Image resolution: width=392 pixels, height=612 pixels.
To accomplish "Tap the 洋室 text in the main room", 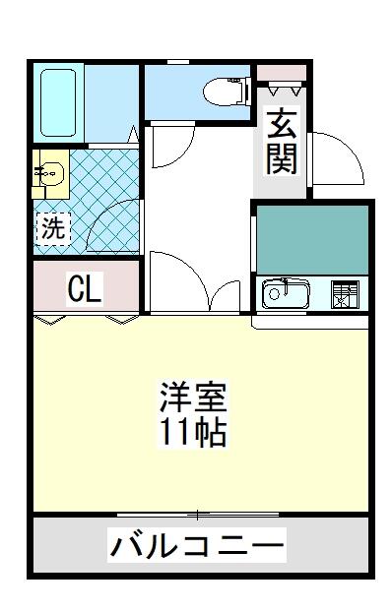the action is (x=193, y=398).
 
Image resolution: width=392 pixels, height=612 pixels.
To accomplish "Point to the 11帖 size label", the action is (x=193, y=432).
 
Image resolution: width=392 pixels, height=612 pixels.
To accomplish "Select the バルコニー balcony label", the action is (x=197, y=544).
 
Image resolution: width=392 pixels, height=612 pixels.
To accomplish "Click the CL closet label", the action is (x=86, y=288).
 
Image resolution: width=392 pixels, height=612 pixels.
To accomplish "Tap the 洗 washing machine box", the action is (x=53, y=228).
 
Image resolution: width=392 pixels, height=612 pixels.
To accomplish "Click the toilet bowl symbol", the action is (x=227, y=91).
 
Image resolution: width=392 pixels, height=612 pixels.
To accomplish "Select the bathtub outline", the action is (x=58, y=102).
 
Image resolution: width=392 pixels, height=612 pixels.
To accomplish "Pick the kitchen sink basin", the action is (x=286, y=293).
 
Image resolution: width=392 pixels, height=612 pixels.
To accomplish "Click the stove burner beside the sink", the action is (x=345, y=293).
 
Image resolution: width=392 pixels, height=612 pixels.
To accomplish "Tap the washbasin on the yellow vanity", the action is (x=51, y=173).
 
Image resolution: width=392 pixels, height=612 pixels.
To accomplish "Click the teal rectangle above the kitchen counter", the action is (x=312, y=240).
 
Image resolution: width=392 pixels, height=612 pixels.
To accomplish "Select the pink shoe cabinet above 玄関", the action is (x=281, y=73).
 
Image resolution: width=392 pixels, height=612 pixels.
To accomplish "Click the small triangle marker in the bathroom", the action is (x=133, y=134).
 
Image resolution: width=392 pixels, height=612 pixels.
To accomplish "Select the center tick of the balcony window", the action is (x=198, y=515).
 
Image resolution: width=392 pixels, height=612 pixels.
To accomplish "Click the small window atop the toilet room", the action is (x=178, y=62).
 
